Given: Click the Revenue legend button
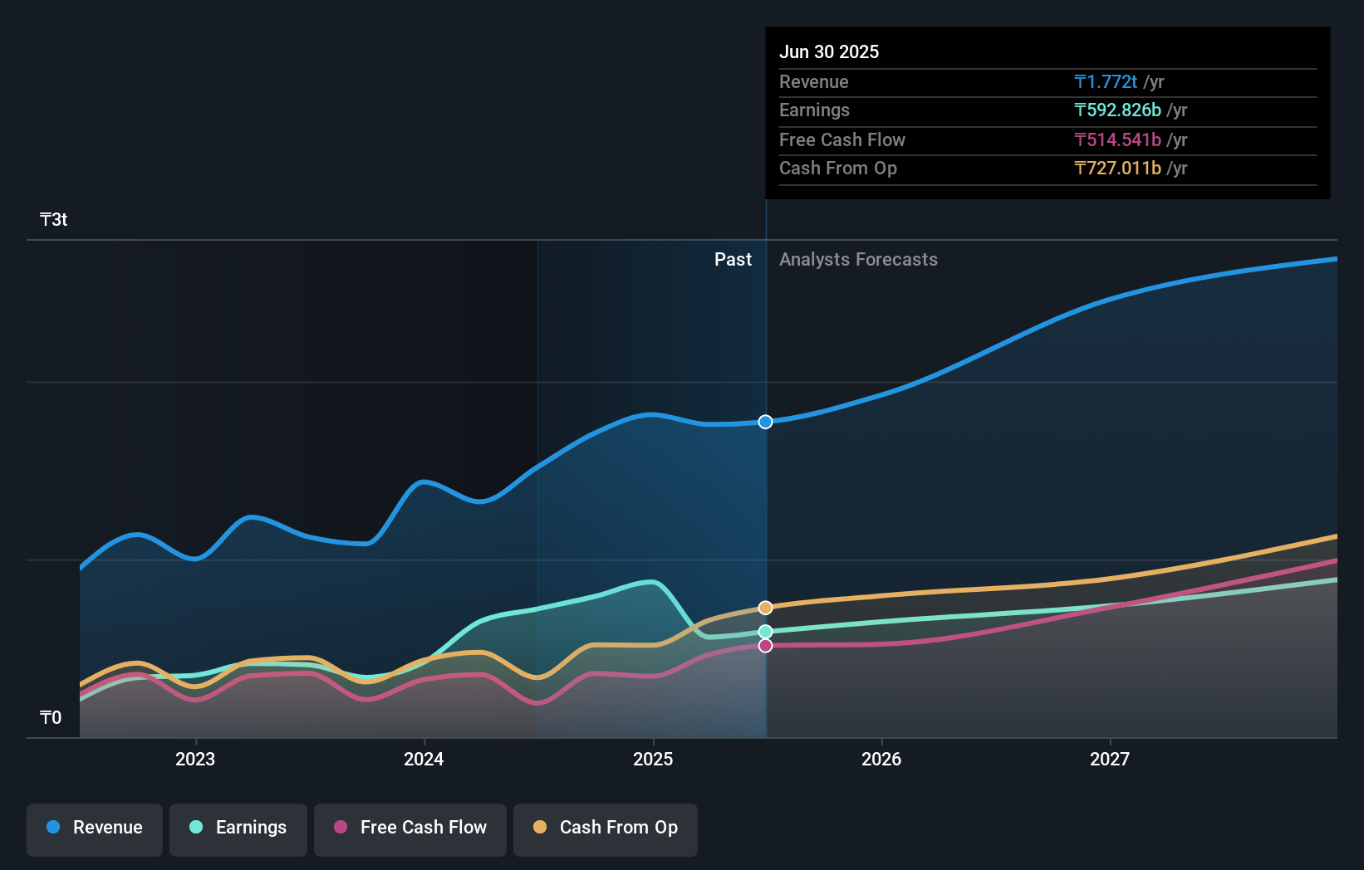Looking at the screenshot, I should coord(95,828).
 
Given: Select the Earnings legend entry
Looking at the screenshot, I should coord(238,828).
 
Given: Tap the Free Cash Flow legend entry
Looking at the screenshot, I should coord(410,828).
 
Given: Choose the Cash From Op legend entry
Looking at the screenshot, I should coord(606,828).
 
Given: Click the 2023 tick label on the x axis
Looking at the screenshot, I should coord(195,759).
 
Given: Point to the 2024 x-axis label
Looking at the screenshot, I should coord(424,759).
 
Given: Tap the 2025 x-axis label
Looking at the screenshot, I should coord(653,759).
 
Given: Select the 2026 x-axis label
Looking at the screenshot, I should coord(881,759).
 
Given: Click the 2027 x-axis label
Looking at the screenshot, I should coord(1110,759).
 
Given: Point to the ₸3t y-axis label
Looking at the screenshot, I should coord(54,220).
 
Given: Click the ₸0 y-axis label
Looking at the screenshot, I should coord(51,717).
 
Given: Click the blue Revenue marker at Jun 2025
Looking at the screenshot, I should coord(766,422).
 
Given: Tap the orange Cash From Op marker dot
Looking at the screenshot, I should coord(766,608).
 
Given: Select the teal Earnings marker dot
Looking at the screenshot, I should coord(766,632).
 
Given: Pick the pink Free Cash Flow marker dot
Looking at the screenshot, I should coord(766,646).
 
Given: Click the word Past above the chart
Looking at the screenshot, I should coord(733,260).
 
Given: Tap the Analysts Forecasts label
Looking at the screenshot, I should coord(858,260).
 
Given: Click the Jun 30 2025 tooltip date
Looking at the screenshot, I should coord(829,51).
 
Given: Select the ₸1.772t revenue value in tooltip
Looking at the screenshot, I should coord(1106,81).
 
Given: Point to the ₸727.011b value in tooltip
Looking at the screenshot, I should coord(1117,169).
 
